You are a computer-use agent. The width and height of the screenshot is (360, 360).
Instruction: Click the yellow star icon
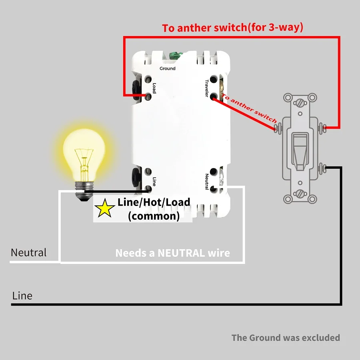[104, 208]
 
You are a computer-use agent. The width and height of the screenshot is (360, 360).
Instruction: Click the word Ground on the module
[167, 68]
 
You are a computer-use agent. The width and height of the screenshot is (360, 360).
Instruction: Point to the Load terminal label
[154, 88]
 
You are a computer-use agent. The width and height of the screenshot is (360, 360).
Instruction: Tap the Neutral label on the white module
[207, 182]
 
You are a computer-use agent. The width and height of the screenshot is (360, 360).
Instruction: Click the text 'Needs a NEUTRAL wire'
[172, 253]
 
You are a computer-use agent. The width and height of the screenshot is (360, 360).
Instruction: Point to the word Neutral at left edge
[28, 253]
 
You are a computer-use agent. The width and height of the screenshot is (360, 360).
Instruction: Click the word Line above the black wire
[22, 296]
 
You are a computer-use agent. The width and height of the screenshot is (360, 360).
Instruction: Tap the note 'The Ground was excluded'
[286, 338]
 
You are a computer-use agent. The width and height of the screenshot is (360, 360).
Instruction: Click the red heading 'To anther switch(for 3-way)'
[232, 28]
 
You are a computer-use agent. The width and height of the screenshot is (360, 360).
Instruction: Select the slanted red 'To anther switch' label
[249, 108]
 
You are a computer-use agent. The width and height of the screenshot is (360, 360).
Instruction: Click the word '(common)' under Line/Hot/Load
[154, 216]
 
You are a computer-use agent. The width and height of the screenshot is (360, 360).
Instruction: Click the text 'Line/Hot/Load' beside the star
[154, 202]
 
